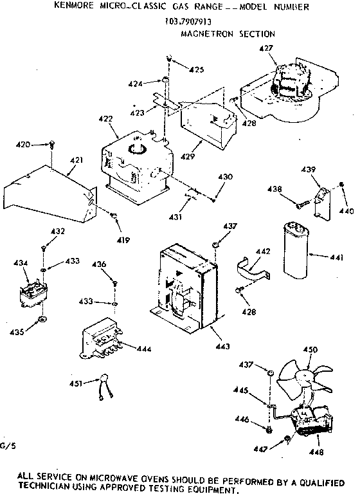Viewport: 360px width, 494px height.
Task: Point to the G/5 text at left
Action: click(7, 445)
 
